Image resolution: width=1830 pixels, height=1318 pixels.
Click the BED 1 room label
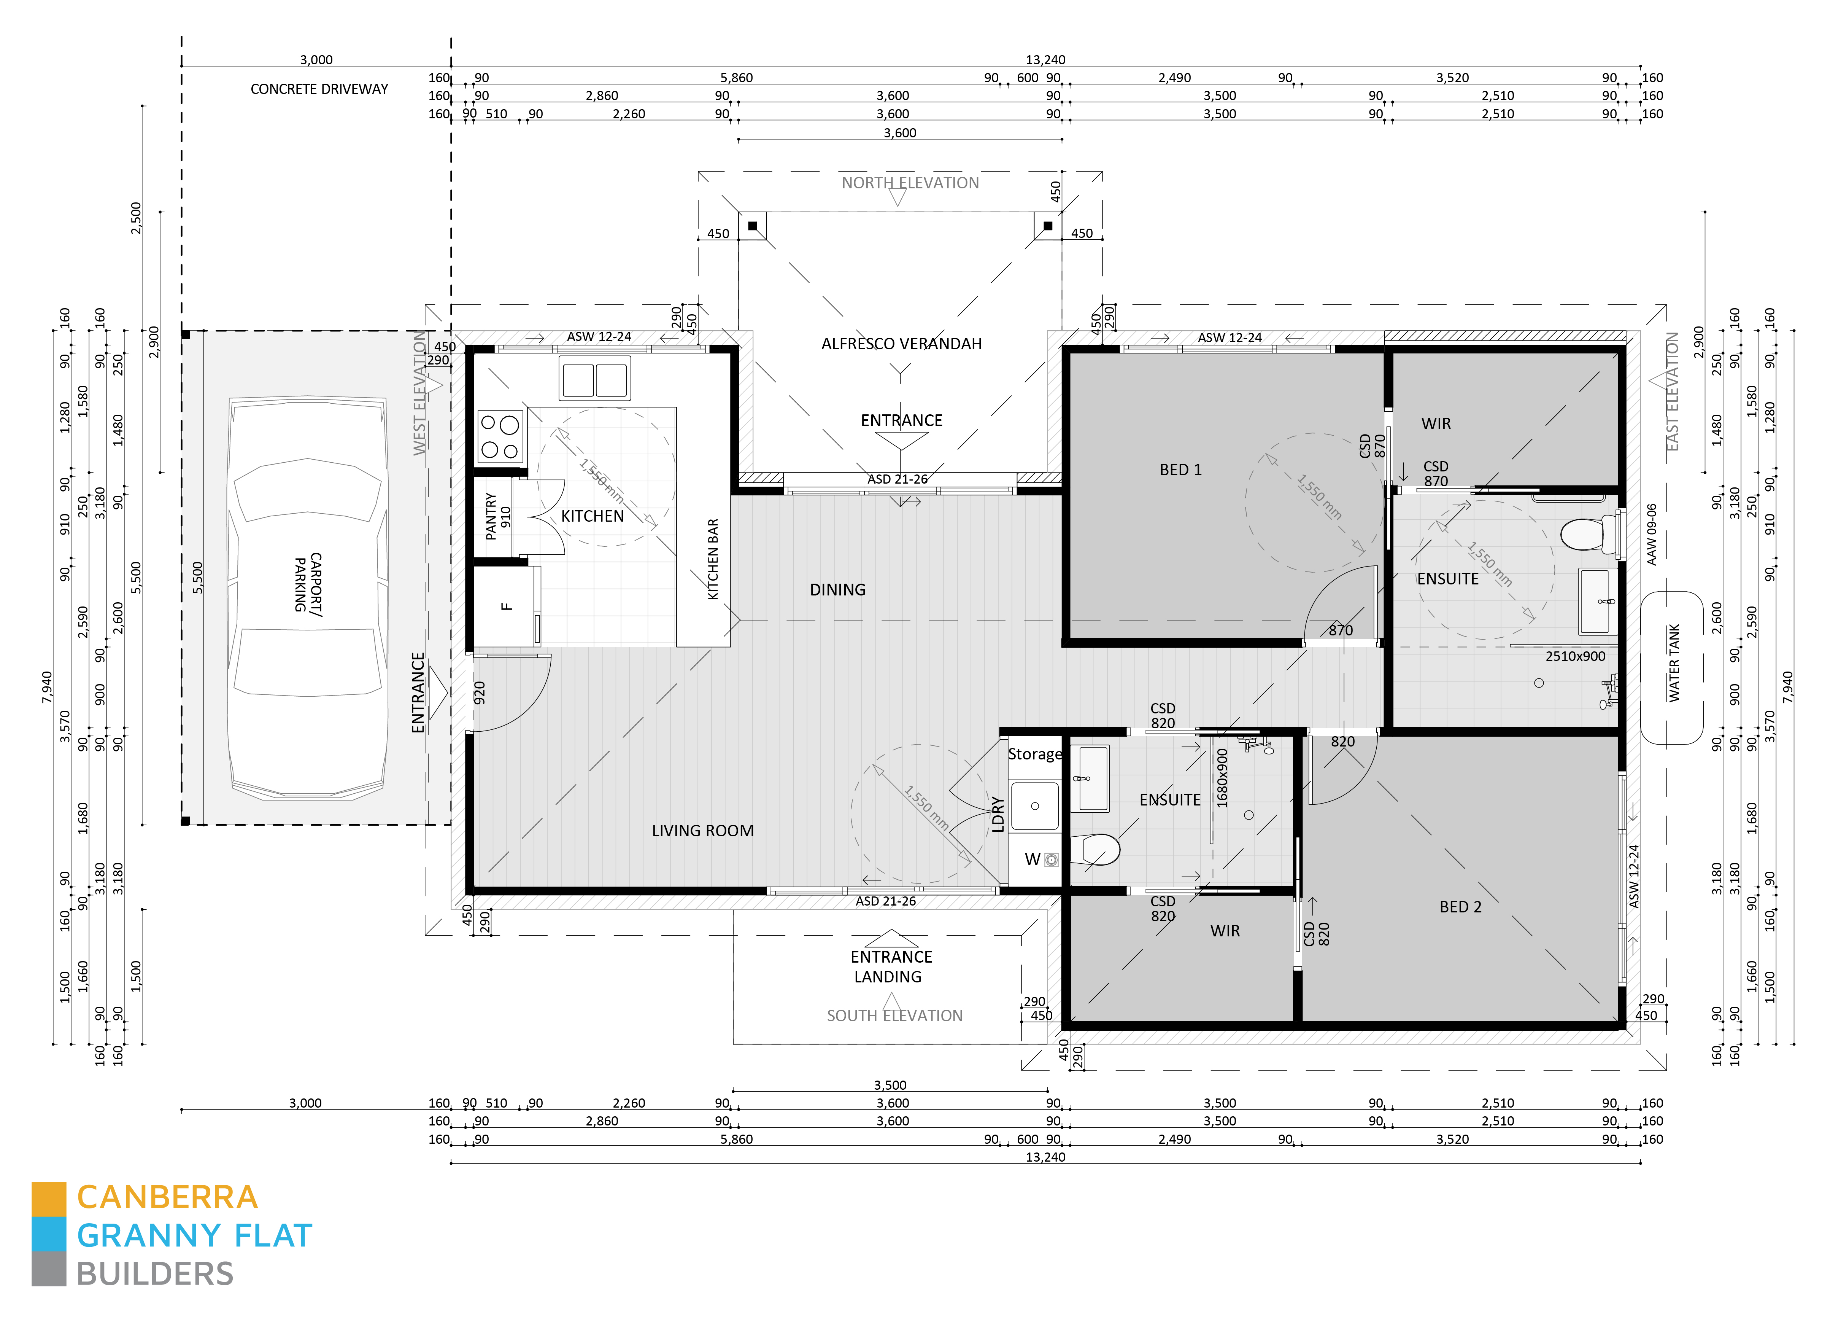pyautogui.click(x=1180, y=470)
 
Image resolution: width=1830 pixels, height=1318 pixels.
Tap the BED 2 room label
pyautogui.click(x=1460, y=907)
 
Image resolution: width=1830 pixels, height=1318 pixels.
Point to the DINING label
pyautogui.click(x=837, y=590)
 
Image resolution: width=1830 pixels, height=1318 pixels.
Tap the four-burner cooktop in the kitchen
pyautogui.click(x=500, y=436)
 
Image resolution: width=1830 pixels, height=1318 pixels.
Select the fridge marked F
pyautogui.click(x=506, y=605)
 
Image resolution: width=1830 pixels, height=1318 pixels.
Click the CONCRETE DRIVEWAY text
pyautogui.click(x=319, y=89)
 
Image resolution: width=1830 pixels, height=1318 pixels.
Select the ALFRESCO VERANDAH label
pyautogui.click(x=901, y=344)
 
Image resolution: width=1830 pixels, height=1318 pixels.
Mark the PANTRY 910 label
pyautogui.click(x=498, y=517)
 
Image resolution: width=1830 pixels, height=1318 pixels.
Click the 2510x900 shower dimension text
pyautogui.click(x=1575, y=656)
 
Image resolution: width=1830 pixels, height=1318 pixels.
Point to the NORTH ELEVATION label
pyautogui.click(x=910, y=183)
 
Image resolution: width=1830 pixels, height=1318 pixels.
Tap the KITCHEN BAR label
pyautogui.click(x=712, y=559)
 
